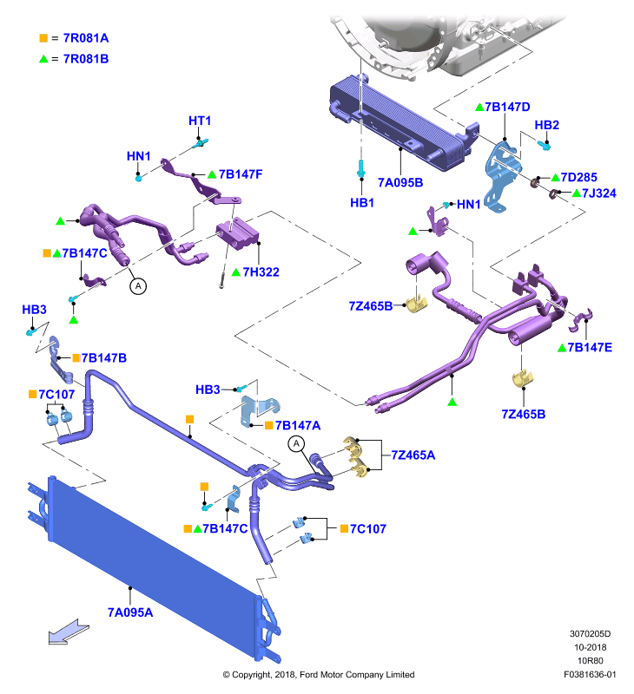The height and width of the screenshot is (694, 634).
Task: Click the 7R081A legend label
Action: click(86, 38)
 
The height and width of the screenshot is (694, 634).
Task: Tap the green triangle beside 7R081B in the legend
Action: click(43, 59)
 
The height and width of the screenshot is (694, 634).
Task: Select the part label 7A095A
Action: click(130, 612)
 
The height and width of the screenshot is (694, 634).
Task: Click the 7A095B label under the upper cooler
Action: click(400, 182)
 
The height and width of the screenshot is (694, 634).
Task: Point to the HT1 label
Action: click(200, 121)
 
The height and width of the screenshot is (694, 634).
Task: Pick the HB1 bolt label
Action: click(362, 203)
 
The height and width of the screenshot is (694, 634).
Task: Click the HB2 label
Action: click(547, 125)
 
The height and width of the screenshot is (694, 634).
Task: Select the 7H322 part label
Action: click(261, 272)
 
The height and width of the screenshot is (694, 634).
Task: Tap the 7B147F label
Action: click(241, 174)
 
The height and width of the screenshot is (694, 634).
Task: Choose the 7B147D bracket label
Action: click(507, 107)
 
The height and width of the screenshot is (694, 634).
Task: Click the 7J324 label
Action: click(599, 193)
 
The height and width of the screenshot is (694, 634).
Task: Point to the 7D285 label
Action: click(579, 177)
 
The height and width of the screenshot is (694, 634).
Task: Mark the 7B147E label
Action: click(590, 347)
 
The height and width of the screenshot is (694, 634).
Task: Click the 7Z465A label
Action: click(413, 455)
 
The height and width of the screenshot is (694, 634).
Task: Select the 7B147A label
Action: click(298, 425)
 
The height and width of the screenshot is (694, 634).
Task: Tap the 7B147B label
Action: click(104, 357)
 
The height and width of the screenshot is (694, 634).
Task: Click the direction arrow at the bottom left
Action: click(68, 632)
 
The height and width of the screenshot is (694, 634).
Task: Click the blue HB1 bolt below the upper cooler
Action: click(361, 168)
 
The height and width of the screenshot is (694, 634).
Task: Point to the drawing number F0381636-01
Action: click(590, 675)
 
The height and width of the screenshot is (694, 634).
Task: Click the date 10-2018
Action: click(590, 647)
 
